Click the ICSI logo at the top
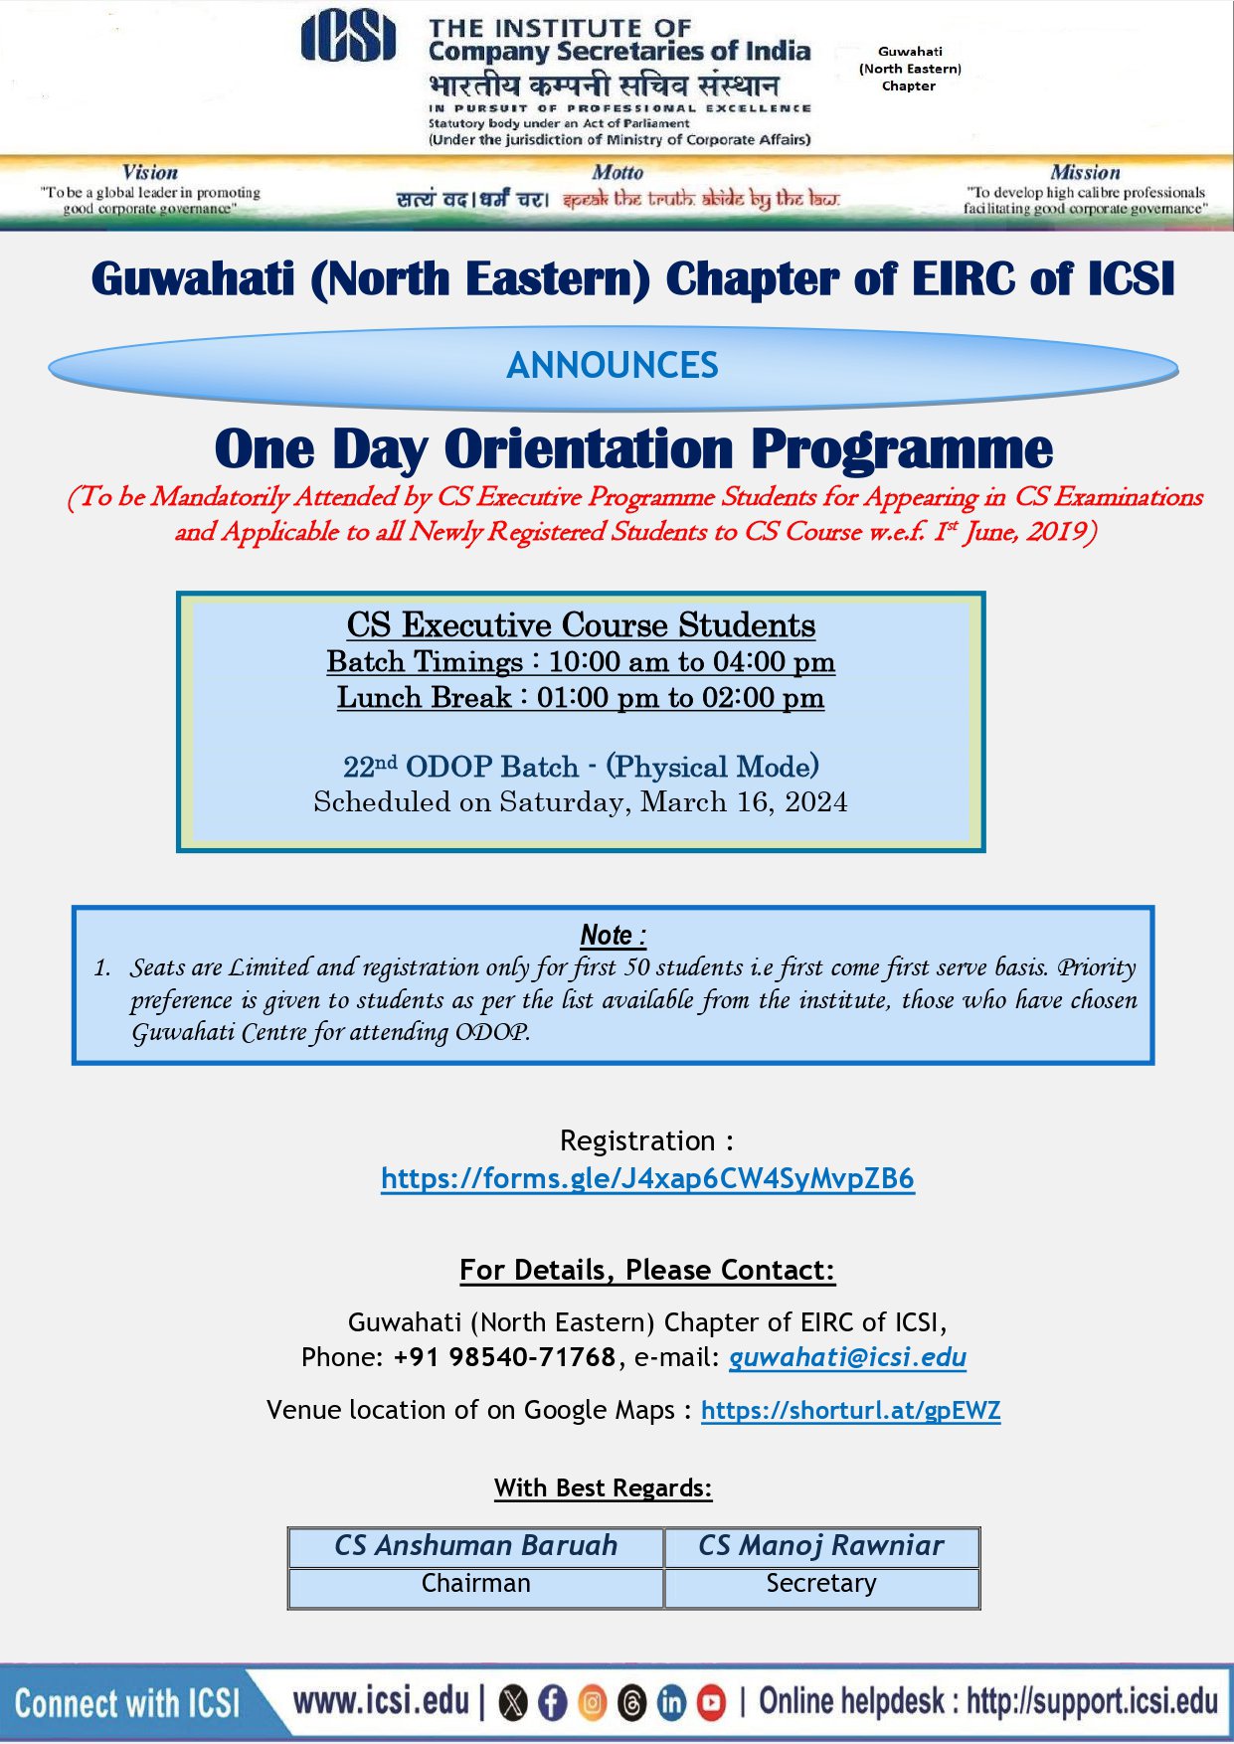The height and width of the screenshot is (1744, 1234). (x=348, y=38)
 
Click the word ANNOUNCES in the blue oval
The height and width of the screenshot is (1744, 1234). (x=613, y=366)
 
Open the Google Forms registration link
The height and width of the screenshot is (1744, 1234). (x=647, y=1178)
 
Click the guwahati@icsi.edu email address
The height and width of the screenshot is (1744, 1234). (x=847, y=1357)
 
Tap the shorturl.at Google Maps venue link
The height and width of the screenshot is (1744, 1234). (x=850, y=1410)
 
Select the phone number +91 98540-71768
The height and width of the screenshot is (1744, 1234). (x=504, y=1357)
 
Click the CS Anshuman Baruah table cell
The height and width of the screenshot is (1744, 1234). (x=475, y=1546)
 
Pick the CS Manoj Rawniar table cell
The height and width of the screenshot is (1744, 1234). (x=820, y=1546)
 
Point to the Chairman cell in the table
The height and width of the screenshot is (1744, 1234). (x=475, y=1584)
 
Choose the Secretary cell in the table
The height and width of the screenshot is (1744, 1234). (x=820, y=1584)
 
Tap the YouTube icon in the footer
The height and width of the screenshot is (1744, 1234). (x=711, y=1703)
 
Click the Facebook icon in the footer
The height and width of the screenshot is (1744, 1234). (x=552, y=1703)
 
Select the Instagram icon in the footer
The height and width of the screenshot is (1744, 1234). (x=592, y=1703)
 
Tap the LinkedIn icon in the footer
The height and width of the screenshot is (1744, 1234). (x=672, y=1703)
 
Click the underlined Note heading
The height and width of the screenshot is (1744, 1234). (x=613, y=936)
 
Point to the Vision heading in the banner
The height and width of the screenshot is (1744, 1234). (x=150, y=172)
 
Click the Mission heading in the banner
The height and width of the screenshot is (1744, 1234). (x=1085, y=172)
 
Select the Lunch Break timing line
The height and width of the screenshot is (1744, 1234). (x=581, y=698)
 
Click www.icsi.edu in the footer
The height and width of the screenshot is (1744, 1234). (x=381, y=1701)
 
